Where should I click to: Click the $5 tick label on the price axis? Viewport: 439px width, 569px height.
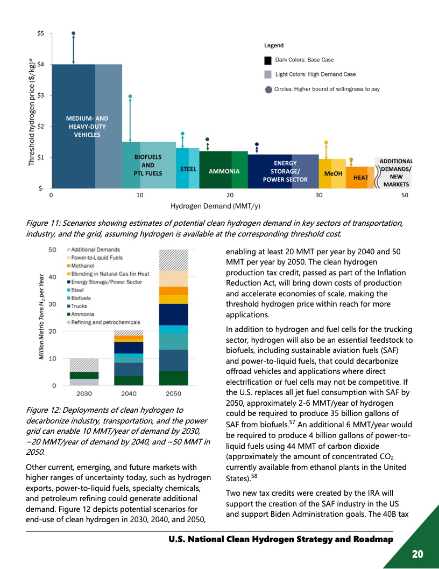point(40,33)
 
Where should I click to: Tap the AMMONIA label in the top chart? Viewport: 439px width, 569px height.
point(223,172)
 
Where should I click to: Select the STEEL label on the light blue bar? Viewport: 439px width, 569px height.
point(188,169)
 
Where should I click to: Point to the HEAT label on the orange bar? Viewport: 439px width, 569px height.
point(360,177)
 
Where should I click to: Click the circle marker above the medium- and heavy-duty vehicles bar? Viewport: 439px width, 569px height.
point(74,33)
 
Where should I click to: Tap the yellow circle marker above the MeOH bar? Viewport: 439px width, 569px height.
point(326,143)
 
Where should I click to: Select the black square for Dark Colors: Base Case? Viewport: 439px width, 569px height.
point(268,60)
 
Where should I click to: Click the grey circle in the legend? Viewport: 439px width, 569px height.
point(268,89)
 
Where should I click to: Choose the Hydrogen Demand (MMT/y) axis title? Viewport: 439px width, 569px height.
point(216,206)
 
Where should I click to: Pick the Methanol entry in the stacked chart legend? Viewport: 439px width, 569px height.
point(83,266)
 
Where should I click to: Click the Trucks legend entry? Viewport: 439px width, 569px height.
point(81,306)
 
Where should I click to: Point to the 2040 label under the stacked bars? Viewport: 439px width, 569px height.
point(128,394)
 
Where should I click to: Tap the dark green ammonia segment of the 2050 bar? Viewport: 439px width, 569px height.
point(173,378)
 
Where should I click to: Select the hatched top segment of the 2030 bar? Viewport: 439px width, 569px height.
point(84,365)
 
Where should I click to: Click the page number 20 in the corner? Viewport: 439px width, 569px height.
point(417,554)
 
